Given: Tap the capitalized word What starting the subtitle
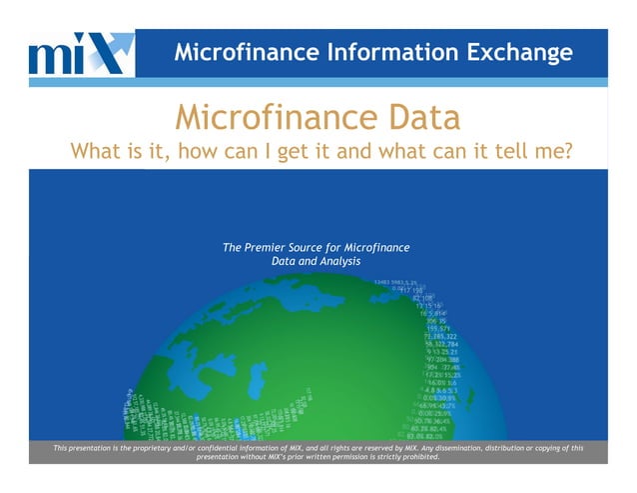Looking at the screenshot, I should (97, 153).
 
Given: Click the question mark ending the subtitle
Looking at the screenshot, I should (577, 153).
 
